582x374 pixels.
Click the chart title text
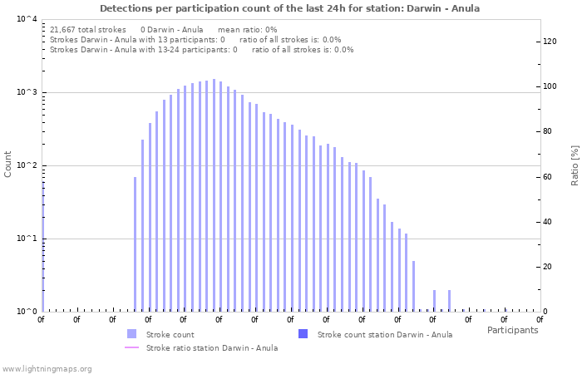[289, 8]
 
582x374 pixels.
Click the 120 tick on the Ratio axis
[550, 42]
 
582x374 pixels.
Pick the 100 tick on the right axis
[550, 86]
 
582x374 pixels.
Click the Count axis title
[8, 164]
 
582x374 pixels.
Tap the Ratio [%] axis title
[575, 165]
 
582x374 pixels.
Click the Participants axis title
[512, 330]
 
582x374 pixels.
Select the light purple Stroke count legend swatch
[131, 334]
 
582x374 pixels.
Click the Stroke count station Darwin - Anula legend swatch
[303, 334]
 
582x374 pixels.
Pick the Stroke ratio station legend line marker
[131, 347]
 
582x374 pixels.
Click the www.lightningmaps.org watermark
[47, 368]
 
